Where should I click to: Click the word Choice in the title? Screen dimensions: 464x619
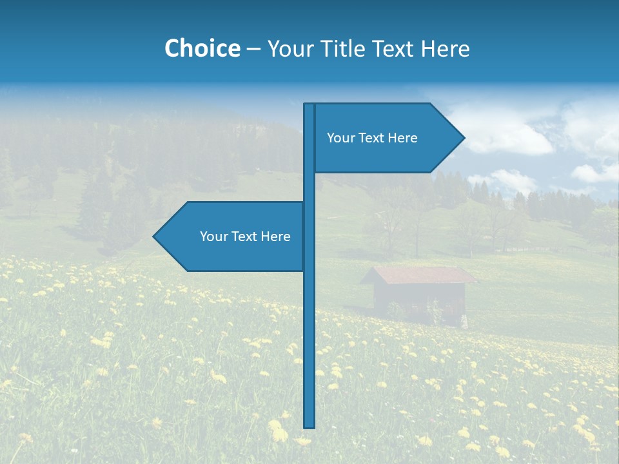click(202, 48)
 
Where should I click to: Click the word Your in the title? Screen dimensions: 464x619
click(290, 48)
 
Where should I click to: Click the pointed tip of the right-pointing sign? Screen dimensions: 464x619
click(463, 137)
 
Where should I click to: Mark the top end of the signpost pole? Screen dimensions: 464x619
click(309, 105)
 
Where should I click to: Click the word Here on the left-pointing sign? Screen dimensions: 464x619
click(275, 237)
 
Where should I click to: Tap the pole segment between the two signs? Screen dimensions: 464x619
click(309, 187)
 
